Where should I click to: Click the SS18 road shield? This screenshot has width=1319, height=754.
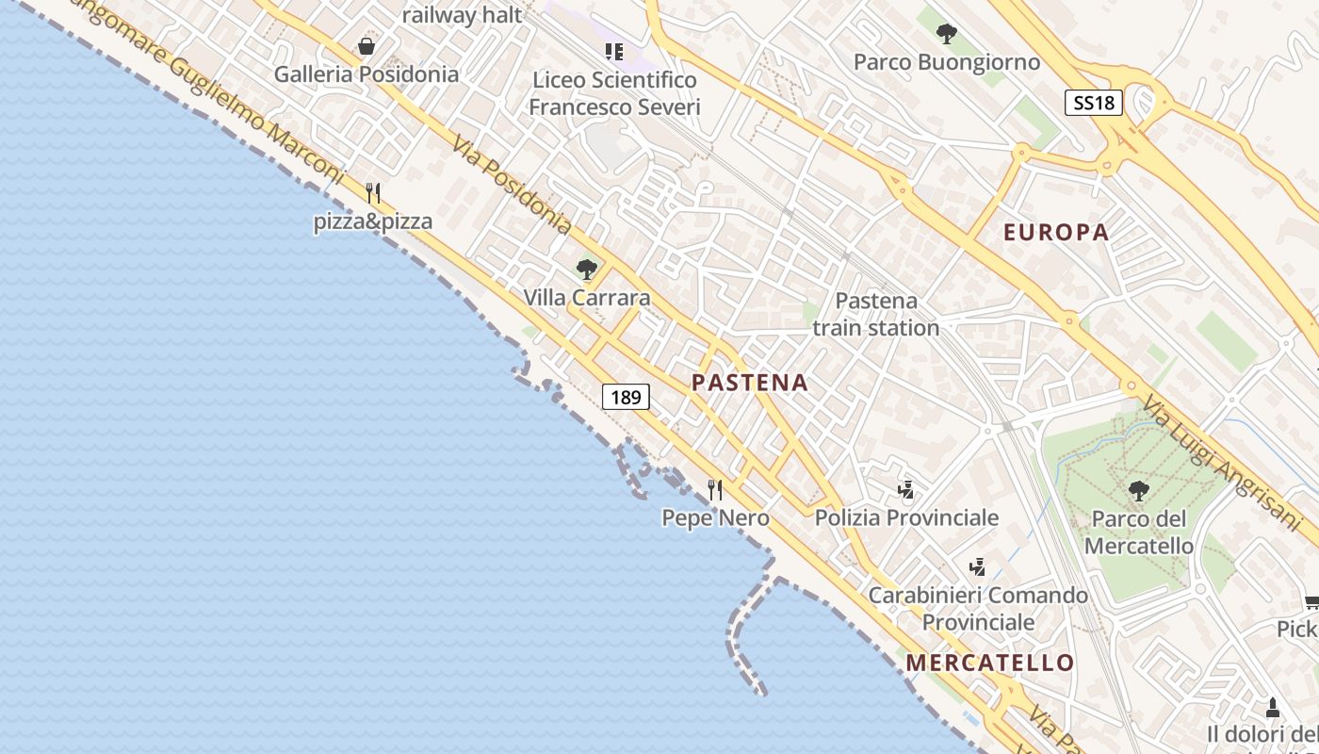point(1094,103)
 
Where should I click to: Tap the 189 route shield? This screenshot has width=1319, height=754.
point(626,397)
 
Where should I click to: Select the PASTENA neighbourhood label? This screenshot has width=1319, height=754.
point(750,383)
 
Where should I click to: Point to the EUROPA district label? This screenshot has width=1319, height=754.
point(1056,233)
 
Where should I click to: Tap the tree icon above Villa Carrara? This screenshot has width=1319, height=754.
point(587,270)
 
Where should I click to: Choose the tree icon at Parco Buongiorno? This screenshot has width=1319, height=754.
point(946,35)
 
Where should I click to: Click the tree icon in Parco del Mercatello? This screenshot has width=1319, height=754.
point(1138,490)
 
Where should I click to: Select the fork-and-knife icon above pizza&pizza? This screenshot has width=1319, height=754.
point(373,193)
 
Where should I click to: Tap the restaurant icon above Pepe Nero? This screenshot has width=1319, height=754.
point(715,490)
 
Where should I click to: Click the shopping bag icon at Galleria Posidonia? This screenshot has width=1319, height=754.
point(366,46)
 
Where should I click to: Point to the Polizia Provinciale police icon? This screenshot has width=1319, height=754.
point(905,489)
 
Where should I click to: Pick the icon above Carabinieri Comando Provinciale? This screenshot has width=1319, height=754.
point(977,567)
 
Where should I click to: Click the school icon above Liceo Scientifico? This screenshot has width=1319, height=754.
point(614,52)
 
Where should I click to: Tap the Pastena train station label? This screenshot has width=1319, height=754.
point(876,314)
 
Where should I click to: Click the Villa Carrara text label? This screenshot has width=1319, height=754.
point(587,298)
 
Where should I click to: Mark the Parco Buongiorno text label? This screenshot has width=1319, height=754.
point(947,62)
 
